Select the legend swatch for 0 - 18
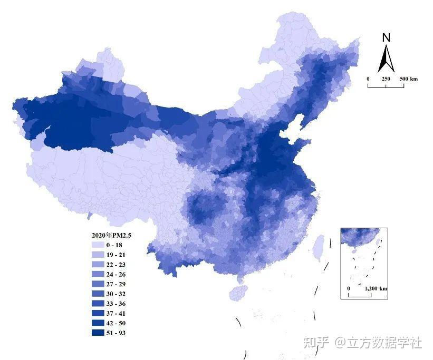(98, 246)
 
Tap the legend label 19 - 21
(116, 255)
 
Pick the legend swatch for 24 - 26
(98, 275)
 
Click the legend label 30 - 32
(116, 294)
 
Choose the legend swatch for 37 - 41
(98, 314)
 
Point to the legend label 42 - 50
(116, 323)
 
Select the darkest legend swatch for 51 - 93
(98, 333)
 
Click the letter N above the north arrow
(386, 38)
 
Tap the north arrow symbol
(386, 59)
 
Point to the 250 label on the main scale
(386, 79)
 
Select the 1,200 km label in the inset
(376, 289)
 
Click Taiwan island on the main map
(318, 248)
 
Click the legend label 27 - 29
(116, 284)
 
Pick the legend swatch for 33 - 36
(98, 304)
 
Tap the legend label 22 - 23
(116, 265)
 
